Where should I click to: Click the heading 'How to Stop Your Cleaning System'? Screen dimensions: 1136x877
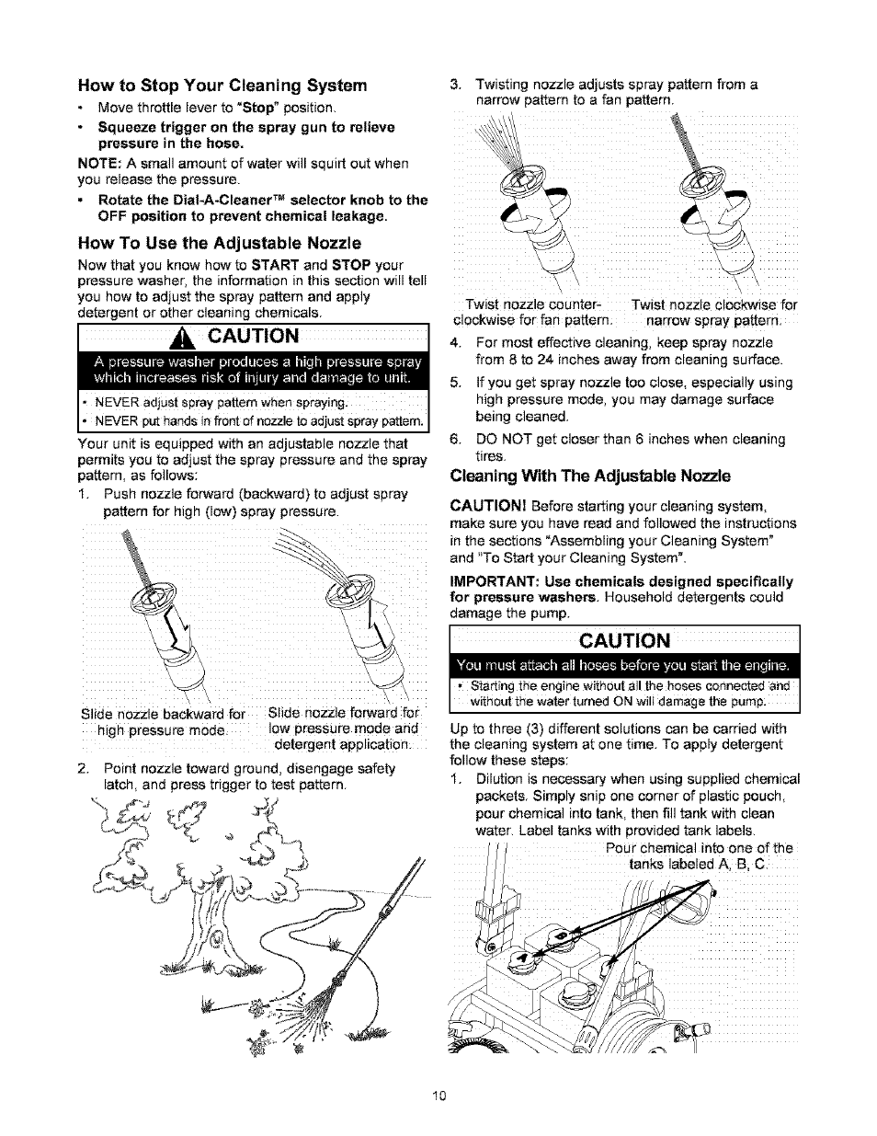pos(223,86)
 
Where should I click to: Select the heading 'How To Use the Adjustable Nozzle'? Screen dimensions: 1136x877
pos(220,243)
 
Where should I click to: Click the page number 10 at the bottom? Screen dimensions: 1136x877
pos(438,1096)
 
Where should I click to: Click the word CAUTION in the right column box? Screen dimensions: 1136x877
pos(625,640)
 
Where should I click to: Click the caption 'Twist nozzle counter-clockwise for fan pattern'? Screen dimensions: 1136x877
pos(532,312)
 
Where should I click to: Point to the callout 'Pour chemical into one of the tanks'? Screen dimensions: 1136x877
pos(699,855)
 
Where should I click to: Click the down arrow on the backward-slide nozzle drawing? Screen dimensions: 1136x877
pos(176,634)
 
